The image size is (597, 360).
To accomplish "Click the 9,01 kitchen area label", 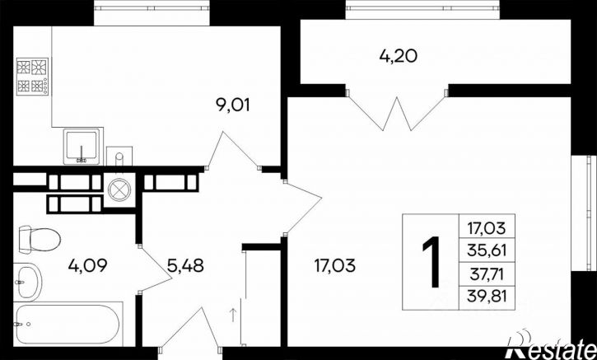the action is tap(233, 105).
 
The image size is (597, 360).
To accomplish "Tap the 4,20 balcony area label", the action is tap(399, 56).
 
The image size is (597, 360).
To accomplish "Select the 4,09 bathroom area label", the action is tap(88, 265).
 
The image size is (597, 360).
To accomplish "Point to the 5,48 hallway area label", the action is tap(185, 265).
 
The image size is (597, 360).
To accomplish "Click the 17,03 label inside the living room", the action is tap(335, 265).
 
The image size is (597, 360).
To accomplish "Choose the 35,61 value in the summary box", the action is tap(487, 250).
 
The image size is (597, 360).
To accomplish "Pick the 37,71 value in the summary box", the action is tap(487, 274).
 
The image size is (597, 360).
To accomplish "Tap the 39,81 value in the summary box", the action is tap(487, 296).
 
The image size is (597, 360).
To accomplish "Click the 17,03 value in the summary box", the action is tap(487, 228).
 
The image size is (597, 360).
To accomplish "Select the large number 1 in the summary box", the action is tap(431, 261).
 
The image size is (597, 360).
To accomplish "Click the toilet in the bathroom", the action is tap(40, 239).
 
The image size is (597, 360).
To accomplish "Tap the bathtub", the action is tap(68, 324).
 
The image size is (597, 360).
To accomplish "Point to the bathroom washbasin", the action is tap(27, 283).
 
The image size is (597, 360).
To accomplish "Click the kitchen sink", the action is tap(82, 147).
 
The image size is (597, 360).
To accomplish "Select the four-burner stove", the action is tap(32, 77).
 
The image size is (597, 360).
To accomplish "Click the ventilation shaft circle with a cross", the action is tap(119, 189).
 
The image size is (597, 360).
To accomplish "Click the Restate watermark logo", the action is tap(552, 345).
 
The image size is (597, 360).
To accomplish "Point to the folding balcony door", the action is tap(397, 110).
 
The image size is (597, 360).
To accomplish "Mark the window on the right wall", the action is tap(584, 213).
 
